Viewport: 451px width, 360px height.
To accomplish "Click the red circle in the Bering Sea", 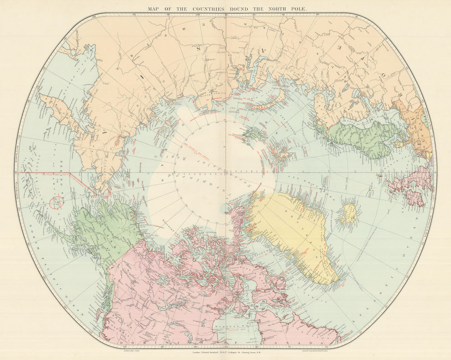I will (x=55, y=203).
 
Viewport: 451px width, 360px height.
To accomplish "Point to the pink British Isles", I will (x=410, y=185).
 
